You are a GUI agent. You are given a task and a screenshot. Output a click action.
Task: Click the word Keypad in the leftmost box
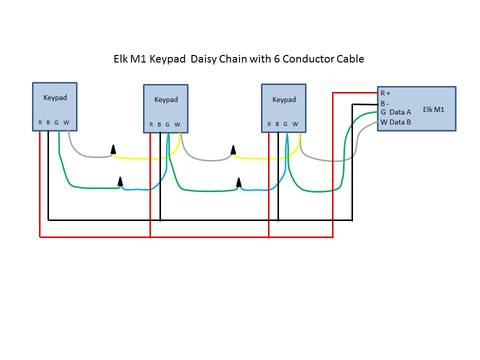(55, 97)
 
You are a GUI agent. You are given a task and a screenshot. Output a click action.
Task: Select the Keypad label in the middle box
(166, 99)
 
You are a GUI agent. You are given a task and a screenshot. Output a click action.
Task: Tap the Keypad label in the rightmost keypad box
(284, 99)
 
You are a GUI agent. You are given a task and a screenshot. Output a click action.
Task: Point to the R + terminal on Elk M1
(385, 93)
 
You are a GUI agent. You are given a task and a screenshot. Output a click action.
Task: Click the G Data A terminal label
(395, 112)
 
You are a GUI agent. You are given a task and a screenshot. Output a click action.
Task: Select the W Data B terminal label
(395, 122)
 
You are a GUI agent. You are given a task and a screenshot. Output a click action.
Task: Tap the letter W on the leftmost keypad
(66, 122)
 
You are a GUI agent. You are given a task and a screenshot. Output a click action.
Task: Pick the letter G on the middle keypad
(167, 124)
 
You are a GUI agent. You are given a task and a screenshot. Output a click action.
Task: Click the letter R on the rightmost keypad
(269, 124)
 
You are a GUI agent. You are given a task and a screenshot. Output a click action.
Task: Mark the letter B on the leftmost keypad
(48, 122)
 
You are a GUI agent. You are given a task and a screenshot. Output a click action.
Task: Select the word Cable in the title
(350, 59)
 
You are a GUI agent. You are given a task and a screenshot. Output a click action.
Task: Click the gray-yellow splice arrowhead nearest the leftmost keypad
(113, 149)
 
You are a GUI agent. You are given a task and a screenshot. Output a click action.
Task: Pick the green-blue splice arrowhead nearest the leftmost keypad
(120, 181)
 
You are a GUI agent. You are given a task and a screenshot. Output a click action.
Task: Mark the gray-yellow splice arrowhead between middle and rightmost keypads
(233, 150)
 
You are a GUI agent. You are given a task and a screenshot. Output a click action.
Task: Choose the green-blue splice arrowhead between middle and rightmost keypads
(239, 182)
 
